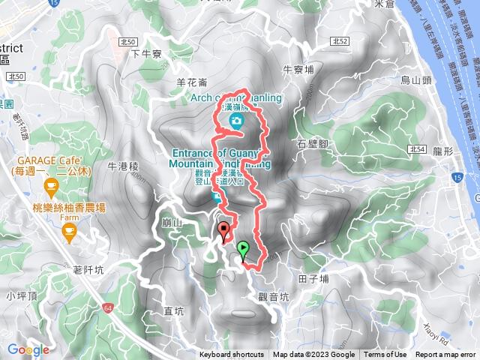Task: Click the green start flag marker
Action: [243, 249]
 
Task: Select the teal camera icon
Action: [236, 121]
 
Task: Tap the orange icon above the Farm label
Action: [70, 235]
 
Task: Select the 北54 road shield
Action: [418, 149]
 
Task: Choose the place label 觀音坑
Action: [273, 297]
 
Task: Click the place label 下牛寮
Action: [147, 54]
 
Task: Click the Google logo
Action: [28, 349]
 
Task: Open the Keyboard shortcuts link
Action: [232, 355]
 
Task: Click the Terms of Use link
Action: [385, 355]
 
